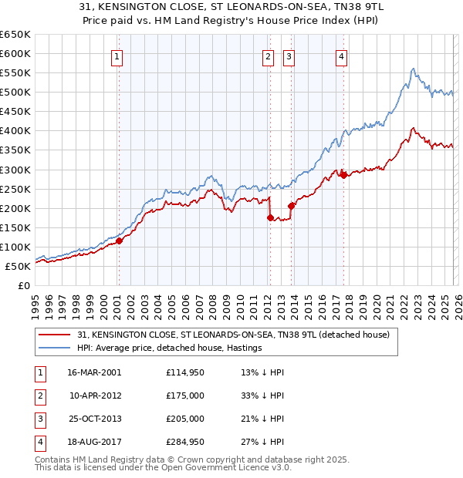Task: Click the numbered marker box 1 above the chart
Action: pyautogui.click(x=117, y=56)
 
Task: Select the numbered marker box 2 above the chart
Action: pyautogui.click(x=269, y=56)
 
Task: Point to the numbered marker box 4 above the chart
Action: pyautogui.click(x=341, y=56)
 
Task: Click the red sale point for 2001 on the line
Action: pyautogui.click(x=120, y=241)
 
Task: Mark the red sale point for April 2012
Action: pyautogui.click(x=270, y=217)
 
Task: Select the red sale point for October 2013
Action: pyautogui.click(x=291, y=206)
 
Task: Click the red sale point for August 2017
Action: pyautogui.click(x=343, y=175)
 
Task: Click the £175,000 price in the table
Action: pyautogui.click(x=185, y=396)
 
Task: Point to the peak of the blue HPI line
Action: pyautogui.click(x=413, y=69)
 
